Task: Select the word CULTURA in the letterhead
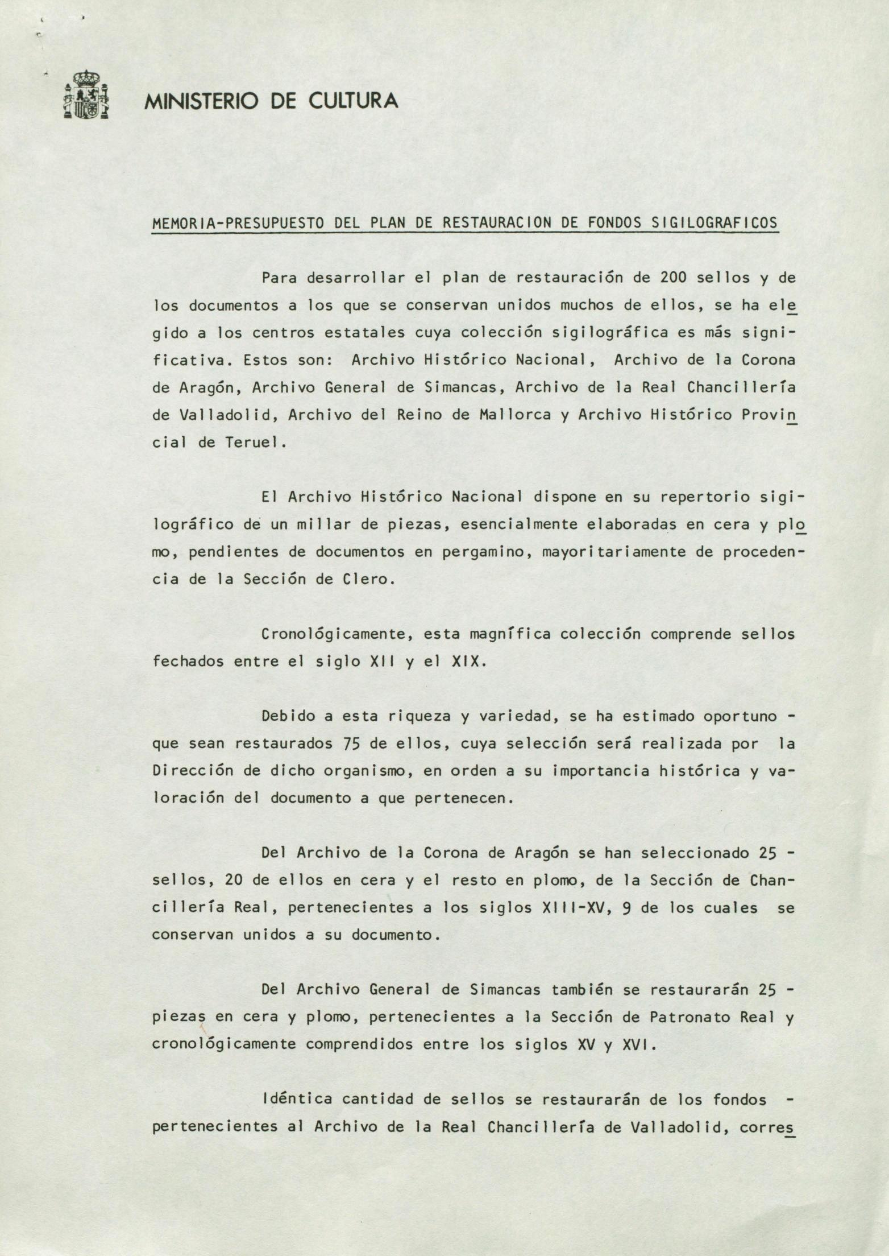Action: click(352, 101)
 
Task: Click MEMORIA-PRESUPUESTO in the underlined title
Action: click(238, 222)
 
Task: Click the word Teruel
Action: click(251, 443)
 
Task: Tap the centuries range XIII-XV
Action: click(583, 908)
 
